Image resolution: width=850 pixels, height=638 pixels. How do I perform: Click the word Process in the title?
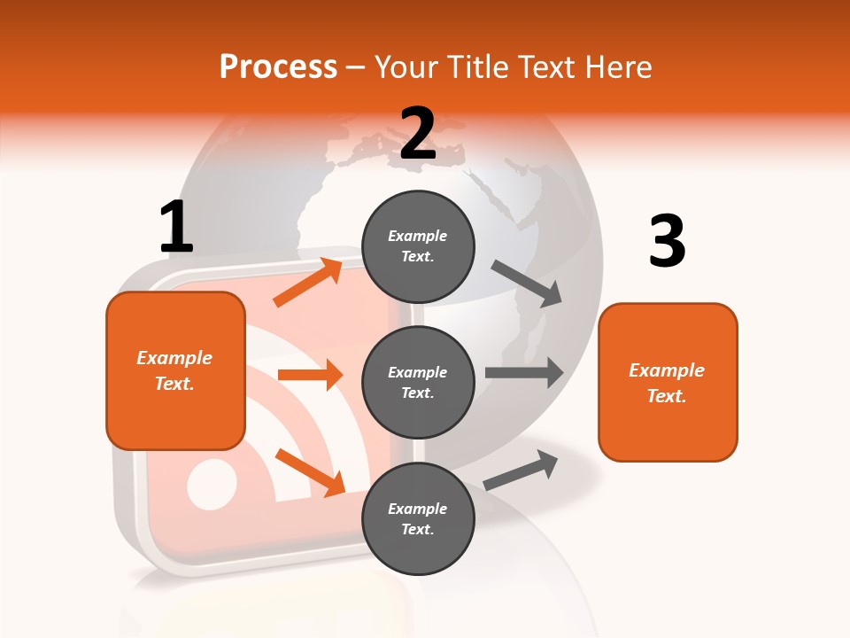tap(278, 67)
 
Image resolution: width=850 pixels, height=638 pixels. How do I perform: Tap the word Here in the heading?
tap(619, 67)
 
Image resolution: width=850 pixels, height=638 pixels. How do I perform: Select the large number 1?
tap(176, 228)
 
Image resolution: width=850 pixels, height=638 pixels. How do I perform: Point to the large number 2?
tap(418, 134)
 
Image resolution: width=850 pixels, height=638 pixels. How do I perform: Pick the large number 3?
tap(667, 241)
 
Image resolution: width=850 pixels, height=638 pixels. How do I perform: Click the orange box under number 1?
tap(175, 370)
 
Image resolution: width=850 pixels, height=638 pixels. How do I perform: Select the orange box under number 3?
tap(668, 382)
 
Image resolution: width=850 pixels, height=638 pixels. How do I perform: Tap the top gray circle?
tap(418, 246)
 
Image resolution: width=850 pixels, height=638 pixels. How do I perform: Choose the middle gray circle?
tap(418, 382)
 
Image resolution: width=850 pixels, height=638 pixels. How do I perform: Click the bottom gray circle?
tap(418, 518)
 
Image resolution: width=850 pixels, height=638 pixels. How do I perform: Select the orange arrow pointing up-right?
tap(307, 283)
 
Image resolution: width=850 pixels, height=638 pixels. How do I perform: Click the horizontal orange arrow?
tap(310, 375)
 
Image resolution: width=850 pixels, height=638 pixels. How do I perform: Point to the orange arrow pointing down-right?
tap(309, 472)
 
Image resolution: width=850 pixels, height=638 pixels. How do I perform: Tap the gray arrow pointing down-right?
tap(527, 284)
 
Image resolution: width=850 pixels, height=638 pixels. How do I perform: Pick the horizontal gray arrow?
tap(523, 372)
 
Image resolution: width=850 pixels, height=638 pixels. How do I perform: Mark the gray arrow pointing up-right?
tap(521, 470)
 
